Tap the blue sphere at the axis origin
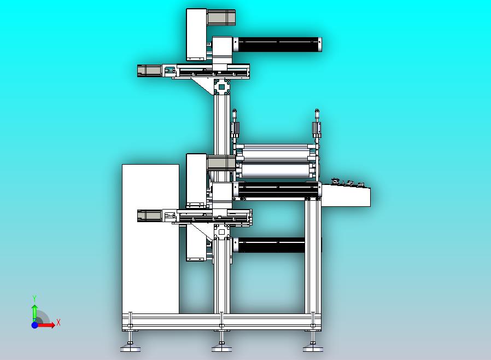pos(35,325)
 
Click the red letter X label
pos(59,322)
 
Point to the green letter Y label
pos(34,298)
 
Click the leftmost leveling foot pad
pos(130,348)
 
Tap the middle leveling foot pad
pos(221,348)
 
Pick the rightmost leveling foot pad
pos(313,348)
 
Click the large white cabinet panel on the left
pos(150,239)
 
